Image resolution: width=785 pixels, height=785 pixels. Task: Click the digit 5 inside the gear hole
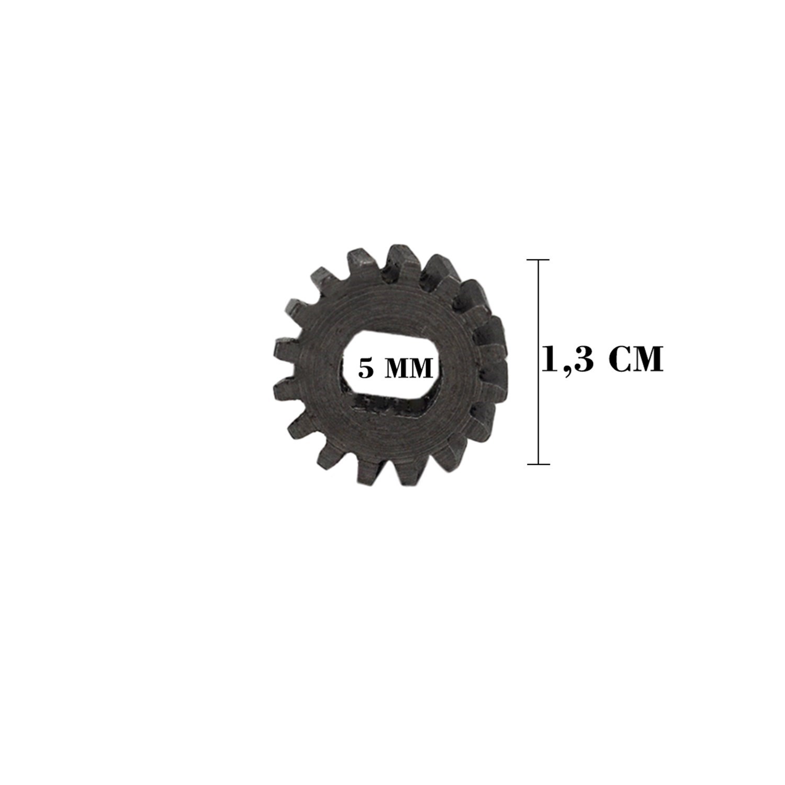tap(366, 368)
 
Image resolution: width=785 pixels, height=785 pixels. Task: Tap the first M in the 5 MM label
tap(395, 369)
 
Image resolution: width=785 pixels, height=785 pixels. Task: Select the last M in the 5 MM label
tap(421, 369)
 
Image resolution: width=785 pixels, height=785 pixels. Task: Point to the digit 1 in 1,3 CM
tap(551, 358)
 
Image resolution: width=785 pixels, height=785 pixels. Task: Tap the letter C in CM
tap(621, 358)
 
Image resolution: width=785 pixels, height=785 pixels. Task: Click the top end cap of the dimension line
tap(538, 260)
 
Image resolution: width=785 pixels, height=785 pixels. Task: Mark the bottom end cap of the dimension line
tap(538, 464)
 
